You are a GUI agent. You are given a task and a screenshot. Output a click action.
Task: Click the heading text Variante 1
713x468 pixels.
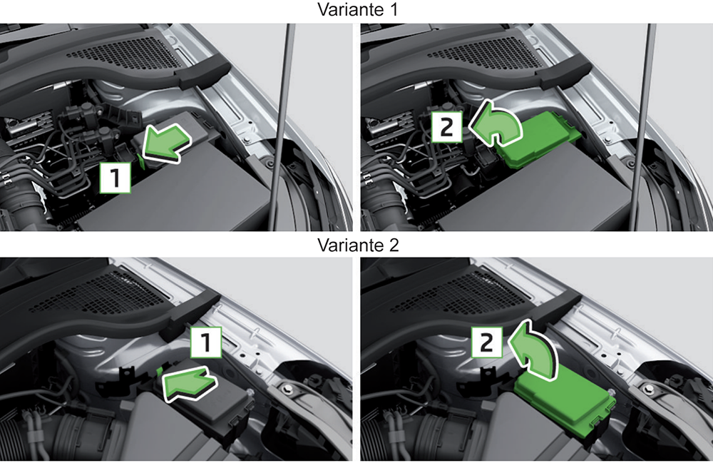coord(356,11)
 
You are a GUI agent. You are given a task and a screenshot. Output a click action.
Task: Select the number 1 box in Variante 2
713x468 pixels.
coord(205,344)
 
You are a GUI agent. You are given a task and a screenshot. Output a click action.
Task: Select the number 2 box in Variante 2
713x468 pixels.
coord(488,342)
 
